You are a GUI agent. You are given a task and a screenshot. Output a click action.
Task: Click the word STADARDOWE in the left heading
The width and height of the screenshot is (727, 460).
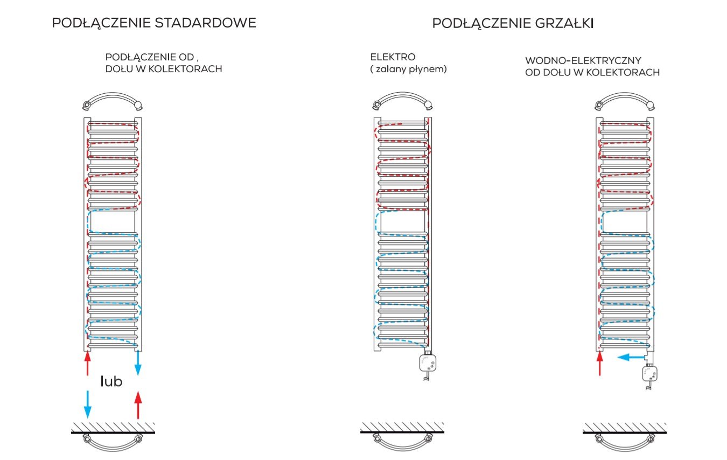pyautogui.click(x=205, y=23)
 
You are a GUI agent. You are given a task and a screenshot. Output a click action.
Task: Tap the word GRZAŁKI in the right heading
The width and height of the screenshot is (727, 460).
pyautogui.click(x=564, y=23)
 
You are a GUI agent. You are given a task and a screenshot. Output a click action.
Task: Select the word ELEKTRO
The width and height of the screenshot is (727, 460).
pyautogui.click(x=393, y=57)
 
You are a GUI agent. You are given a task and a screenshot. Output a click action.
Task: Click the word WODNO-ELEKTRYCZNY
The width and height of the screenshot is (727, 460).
pyautogui.click(x=583, y=61)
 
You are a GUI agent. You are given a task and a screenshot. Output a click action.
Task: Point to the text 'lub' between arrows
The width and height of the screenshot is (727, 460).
pyautogui.click(x=111, y=381)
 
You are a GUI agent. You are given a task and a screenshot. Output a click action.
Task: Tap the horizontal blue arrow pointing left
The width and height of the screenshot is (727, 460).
pyautogui.click(x=631, y=358)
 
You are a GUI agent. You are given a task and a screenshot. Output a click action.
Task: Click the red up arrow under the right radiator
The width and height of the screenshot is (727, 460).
pyautogui.click(x=600, y=364)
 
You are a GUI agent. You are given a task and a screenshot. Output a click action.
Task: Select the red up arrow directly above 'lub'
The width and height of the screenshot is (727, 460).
pyautogui.click(x=87, y=364)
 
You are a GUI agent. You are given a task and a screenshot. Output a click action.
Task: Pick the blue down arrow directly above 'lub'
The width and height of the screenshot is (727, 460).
pyautogui.click(x=138, y=363)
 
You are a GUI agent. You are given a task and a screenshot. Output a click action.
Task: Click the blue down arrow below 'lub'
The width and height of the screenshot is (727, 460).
pyautogui.click(x=87, y=405)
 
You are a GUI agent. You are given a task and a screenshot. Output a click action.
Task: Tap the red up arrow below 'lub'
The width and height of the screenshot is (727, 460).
pyautogui.click(x=138, y=405)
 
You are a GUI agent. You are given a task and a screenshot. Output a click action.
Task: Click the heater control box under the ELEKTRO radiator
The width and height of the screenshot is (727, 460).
pyautogui.click(x=428, y=363)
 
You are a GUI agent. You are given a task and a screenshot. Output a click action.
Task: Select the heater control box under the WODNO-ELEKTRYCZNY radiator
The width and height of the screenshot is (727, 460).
pyautogui.click(x=650, y=373)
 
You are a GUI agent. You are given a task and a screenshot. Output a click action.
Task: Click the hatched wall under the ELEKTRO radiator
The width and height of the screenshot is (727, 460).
pyautogui.click(x=402, y=428)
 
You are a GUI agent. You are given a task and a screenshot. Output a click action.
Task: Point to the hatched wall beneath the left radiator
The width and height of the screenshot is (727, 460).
pyautogui.click(x=113, y=428)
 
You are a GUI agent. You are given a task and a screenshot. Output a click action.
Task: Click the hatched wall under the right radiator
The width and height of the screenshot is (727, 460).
pyautogui.click(x=625, y=428)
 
